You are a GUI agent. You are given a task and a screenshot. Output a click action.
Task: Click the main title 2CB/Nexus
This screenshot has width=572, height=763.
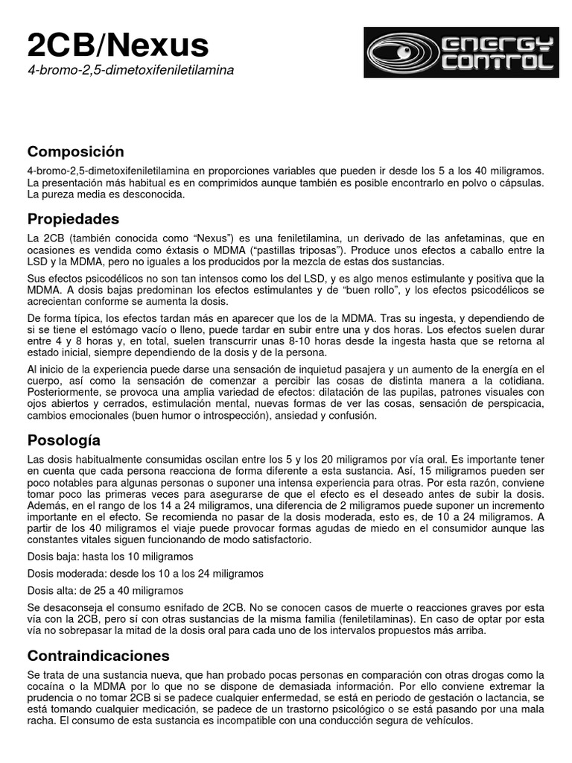coord(118,45)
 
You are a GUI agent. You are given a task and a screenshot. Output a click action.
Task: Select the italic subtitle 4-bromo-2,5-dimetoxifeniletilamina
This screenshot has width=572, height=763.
coord(130,70)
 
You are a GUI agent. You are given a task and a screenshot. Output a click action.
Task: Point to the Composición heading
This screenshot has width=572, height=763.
coord(75,152)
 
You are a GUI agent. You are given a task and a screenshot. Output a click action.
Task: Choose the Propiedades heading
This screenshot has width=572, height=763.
coord(73,219)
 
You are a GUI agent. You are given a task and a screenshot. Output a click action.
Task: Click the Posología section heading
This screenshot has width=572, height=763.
coord(63,440)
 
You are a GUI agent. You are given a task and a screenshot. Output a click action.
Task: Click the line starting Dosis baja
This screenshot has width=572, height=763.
coord(110,557)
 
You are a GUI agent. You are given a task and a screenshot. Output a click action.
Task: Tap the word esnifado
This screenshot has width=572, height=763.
coord(209,607)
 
